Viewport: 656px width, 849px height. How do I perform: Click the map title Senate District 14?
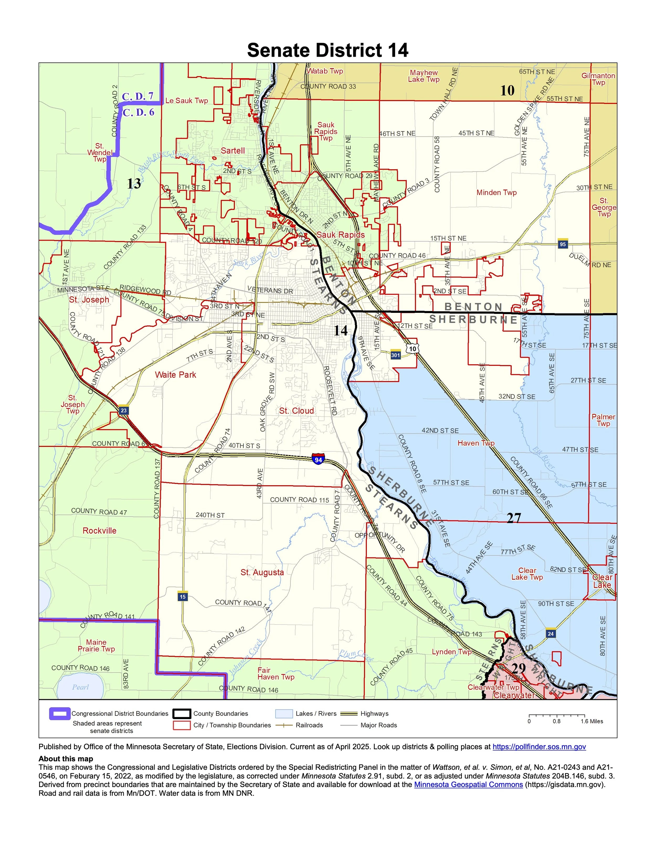[x=328, y=51]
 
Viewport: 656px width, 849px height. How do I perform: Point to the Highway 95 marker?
[x=562, y=244]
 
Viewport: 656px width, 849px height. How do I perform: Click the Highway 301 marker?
[x=395, y=355]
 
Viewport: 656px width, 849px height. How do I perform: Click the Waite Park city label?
[x=175, y=375]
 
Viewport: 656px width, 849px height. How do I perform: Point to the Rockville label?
[x=99, y=531]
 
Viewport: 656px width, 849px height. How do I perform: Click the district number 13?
[x=134, y=183]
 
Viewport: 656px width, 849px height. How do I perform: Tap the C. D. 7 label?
[x=137, y=96]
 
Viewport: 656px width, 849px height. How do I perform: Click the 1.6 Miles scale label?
[x=592, y=721]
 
